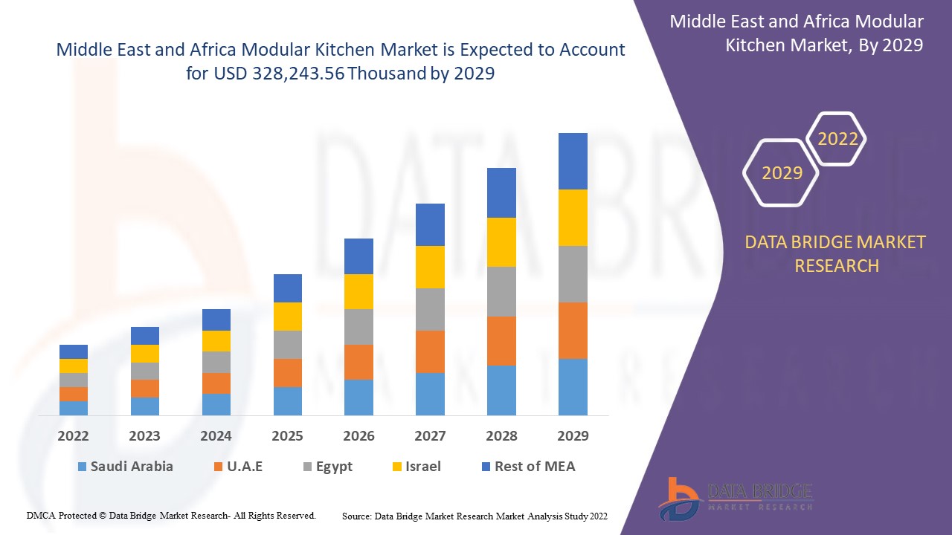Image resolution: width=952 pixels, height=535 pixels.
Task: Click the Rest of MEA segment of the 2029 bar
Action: click(573, 161)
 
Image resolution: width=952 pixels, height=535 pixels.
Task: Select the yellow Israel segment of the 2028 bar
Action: click(501, 242)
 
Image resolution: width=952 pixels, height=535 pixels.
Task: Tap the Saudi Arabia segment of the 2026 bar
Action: click(358, 398)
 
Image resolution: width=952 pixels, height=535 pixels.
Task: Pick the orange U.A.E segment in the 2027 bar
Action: click(430, 351)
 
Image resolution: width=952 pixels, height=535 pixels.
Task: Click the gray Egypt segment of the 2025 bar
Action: click(288, 345)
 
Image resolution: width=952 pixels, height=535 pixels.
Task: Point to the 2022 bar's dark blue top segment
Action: click(74, 351)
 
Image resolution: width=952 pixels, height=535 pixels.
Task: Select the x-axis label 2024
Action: click(216, 436)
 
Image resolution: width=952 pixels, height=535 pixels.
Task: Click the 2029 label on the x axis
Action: click(573, 436)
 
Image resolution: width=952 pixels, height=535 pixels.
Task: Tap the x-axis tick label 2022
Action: click(74, 436)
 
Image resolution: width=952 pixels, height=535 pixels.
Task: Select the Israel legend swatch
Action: click(398, 467)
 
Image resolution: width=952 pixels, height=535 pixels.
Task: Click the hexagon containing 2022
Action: click(837, 139)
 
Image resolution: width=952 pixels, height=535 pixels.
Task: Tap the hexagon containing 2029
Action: click(782, 173)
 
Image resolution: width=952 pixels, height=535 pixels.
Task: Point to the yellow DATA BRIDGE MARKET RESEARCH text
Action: click(836, 254)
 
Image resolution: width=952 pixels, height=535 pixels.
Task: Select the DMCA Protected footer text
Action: click(172, 516)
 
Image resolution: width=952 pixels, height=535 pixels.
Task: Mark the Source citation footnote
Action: click(475, 516)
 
